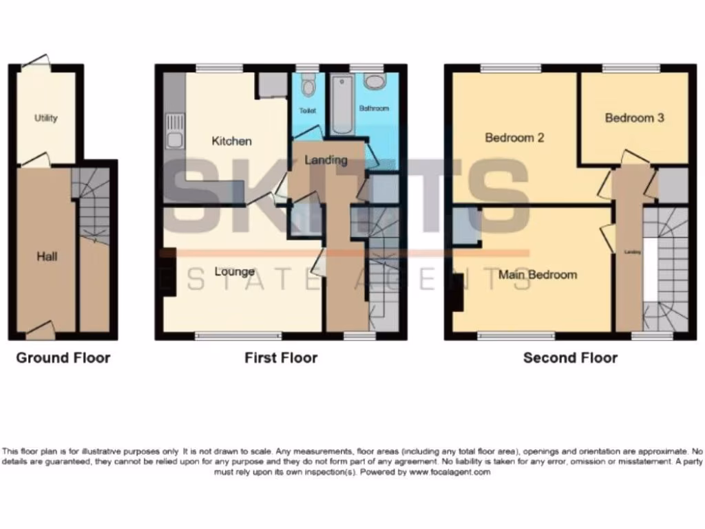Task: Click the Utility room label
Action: (x=46, y=118)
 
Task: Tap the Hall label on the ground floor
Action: (x=47, y=257)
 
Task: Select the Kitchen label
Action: (x=231, y=141)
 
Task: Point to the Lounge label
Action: (x=234, y=271)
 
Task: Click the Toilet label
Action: (x=306, y=110)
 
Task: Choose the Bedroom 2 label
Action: (x=514, y=138)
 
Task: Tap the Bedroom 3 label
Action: (x=634, y=118)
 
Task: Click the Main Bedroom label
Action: (x=538, y=275)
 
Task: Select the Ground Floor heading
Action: (x=63, y=357)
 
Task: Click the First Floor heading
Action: (x=281, y=357)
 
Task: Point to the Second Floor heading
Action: (x=570, y=357)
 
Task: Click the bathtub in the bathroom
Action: (x=341, y=107)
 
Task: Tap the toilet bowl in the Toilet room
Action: (x=308, y=86)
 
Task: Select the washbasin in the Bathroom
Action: (x=376, y=83)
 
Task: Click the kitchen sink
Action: (x=173, y=134)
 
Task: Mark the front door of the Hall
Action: (x=41, y=331)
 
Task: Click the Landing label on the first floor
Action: (x=326, y=160)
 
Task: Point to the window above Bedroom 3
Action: (x=631, y=68)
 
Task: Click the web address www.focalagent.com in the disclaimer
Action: (x=449, y=473)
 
